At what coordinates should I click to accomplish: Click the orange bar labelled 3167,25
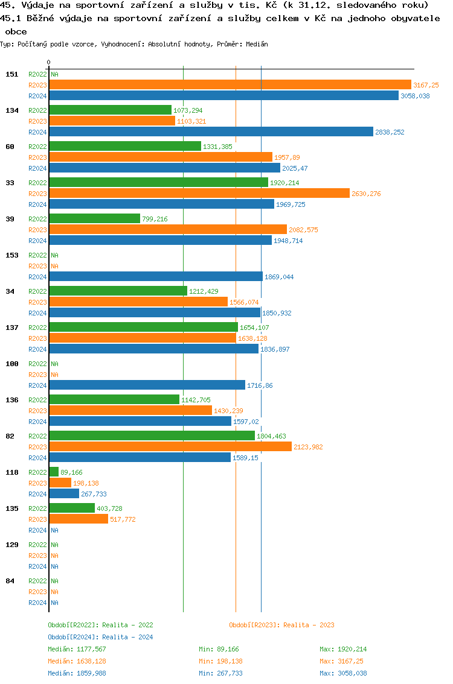tap(230, 85)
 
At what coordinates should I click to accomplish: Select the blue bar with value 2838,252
tap(211, 132)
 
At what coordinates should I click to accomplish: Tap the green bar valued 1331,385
tap(125, 147)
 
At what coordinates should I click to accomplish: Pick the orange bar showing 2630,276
tap(199, 194)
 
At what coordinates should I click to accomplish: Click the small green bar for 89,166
tap(54, 472)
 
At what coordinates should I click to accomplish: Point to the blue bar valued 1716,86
tap(147, 385)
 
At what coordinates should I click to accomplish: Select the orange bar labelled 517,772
tap(79, 519)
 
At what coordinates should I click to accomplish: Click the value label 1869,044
tap(279, 277)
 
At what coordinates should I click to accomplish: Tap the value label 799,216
tap(155, 220)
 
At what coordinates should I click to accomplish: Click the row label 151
tap(11, 74)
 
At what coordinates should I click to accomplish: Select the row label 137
tap(11, 328)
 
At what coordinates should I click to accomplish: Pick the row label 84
tap(10, 581)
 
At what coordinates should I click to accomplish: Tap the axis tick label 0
tap(48, 62)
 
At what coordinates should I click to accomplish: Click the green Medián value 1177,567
tap(91, 650)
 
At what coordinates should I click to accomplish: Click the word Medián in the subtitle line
tap(258, 45)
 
